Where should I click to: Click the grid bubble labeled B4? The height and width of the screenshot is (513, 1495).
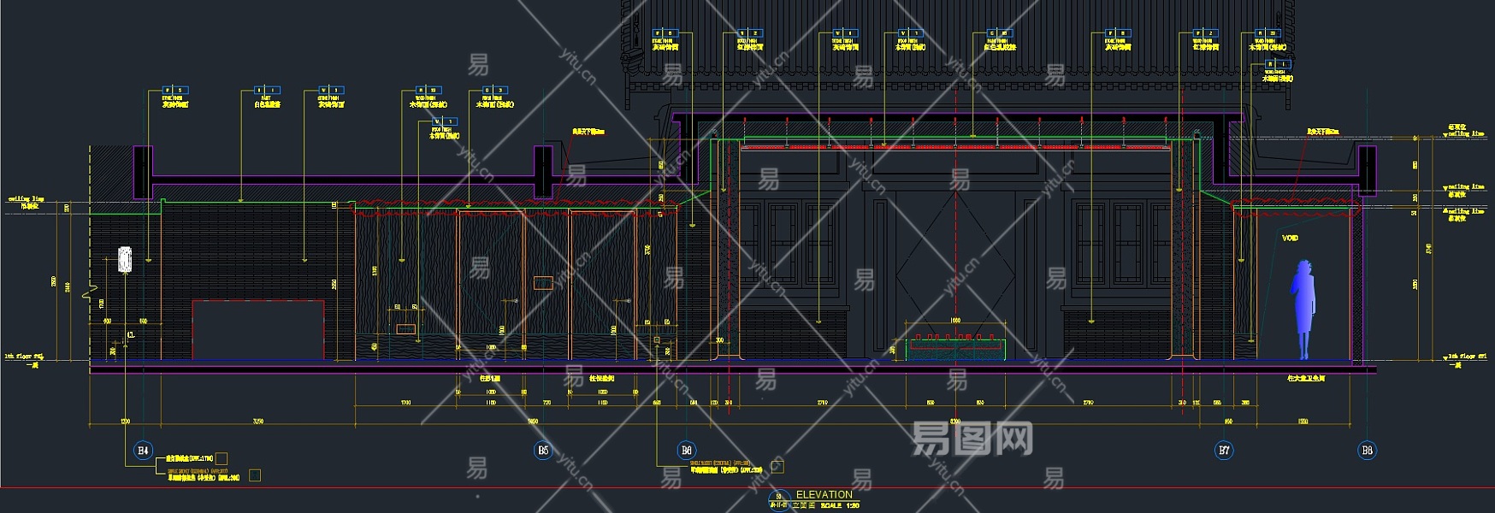click(x=143, y=450)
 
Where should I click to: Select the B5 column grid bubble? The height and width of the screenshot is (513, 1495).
click(x=543, y=450)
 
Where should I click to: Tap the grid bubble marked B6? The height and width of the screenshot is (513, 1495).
click(x=686, y=450)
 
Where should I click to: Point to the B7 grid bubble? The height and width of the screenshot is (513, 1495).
click(x=1224, y=450)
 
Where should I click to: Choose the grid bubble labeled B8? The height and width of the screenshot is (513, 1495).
click(x=1367, y=450)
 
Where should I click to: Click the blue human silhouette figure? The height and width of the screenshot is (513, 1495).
click(x=1304, y=308)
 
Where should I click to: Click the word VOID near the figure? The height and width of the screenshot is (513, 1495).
click(x=1290, y=238)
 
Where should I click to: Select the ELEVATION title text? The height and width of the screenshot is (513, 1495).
click(x=824, y=494)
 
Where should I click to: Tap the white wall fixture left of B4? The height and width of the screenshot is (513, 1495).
click(x=125, y=259)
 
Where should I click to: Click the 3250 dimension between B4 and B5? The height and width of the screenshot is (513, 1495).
click(x=258, y=422)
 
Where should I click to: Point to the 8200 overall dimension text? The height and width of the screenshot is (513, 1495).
click(x=955, y=422)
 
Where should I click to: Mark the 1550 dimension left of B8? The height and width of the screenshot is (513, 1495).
click(x=1303, y=422)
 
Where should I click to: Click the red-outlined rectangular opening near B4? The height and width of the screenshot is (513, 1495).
click(x=258, y=329)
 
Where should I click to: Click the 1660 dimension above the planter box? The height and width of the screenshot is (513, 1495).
click(x=955, y=321)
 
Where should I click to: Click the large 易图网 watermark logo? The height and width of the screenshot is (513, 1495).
click(x=972, y=439)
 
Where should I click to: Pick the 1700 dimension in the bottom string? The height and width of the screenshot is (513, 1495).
click(x=405, y=403)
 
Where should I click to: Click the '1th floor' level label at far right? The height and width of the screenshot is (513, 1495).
click(x=1467, y=356)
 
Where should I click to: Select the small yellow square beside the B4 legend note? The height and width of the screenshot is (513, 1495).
click(x=222, y=459)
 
